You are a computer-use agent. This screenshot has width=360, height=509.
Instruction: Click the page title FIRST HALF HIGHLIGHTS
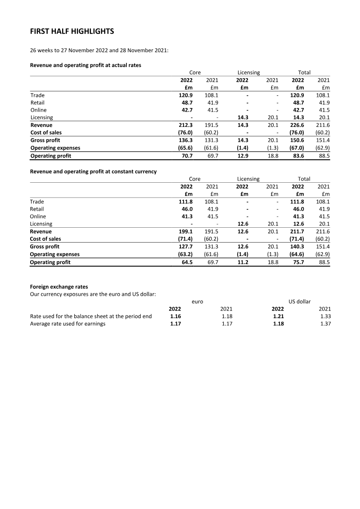click(x=72, y=32)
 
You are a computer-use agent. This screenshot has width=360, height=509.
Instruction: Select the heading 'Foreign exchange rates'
click(x=59, y=287)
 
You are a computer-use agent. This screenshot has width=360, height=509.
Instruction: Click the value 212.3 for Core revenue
click(x=186, y=125)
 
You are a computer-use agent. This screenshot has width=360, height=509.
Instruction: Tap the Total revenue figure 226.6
click(x=297, y=125)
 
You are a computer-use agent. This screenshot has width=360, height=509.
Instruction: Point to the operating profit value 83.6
click(x=299, y=156)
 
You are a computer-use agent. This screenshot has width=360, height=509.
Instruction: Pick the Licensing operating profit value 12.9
click(x=242, y=156)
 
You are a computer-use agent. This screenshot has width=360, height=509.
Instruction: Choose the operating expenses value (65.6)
click(x=185, y=148)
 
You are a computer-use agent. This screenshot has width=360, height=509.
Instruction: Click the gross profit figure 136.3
click(x=186, y=140)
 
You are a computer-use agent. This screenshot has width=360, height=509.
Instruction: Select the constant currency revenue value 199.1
click(x=186, y=232)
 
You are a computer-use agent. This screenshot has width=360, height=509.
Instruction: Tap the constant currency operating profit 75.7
click(x=299, y=262)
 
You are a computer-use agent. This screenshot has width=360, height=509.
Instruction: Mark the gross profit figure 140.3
click(x=297, y=247)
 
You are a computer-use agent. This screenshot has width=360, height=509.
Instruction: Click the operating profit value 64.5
click(x=187, y=262)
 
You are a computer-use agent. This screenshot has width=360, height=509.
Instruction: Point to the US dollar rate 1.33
click(x=325, y=316)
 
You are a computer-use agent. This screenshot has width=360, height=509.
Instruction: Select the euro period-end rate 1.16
click(x=175, y=316)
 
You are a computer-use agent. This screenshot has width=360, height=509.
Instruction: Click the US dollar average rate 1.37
click(x=325, y=324)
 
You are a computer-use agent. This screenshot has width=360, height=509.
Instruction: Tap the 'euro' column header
click(x=197, y=302)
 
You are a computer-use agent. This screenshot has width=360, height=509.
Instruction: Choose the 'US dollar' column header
click(x=299, y=302)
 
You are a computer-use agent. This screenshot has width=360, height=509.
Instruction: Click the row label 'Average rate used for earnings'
click(x=67, y=324)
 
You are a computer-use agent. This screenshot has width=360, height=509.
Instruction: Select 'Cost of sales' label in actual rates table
click(x=46, y=133)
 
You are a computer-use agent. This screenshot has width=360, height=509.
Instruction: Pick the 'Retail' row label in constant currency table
click(x=37, y=209)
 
